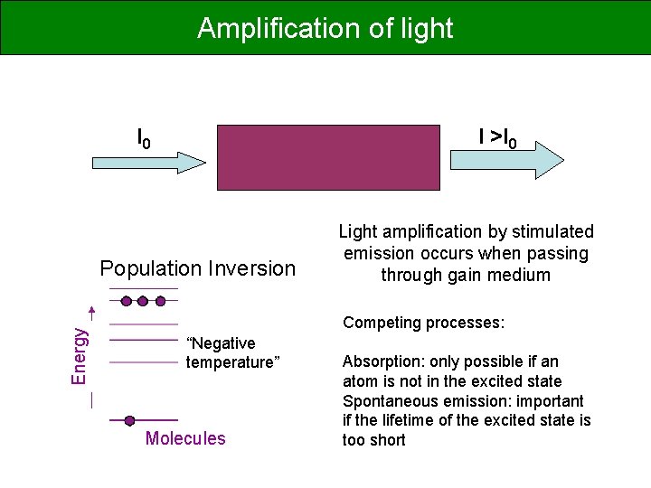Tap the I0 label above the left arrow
click(144, 138)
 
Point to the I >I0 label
click(497, 138)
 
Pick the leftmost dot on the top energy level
click(126, 300)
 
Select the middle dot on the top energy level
click(143, 300)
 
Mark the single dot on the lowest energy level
click(129, 420)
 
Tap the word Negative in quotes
click(221, 343)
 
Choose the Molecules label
click(185, 439)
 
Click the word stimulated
click(552, 232)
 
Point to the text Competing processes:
click(423, 323)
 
